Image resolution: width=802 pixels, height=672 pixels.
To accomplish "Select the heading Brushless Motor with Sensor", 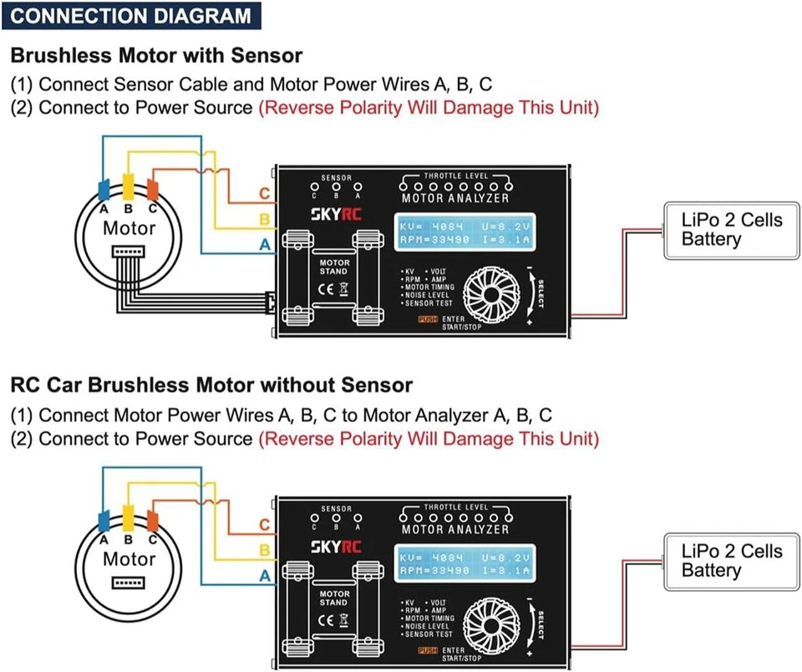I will click(156, 56).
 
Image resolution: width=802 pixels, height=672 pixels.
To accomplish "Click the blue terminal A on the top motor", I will click(104, 187).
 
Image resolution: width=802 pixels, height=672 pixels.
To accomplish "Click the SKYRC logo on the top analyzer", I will click(337, 213).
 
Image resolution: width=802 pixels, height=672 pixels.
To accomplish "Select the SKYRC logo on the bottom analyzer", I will click(337, 546).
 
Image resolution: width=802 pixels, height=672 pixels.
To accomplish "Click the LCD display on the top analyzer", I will click(466, 233).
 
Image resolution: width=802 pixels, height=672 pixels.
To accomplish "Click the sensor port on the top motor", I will click(129, 251).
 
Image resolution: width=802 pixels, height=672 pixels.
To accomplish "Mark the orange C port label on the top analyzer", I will click(264, 195).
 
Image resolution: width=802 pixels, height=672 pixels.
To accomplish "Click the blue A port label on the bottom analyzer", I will click(264, 576).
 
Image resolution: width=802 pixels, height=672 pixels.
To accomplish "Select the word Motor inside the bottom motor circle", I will click(129, 559).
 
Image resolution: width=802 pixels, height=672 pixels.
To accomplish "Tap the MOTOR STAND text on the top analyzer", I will click(334, 267).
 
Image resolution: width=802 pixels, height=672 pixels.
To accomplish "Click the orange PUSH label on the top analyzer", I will click(427, 319).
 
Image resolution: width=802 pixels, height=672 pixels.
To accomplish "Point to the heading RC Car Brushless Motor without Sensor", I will click(211, 385).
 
